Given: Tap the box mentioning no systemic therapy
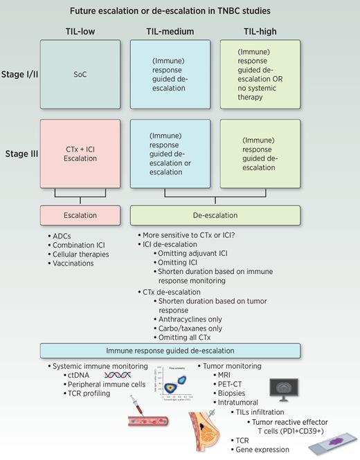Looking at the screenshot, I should click(260, 71).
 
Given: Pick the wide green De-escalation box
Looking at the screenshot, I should click(215, 215).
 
